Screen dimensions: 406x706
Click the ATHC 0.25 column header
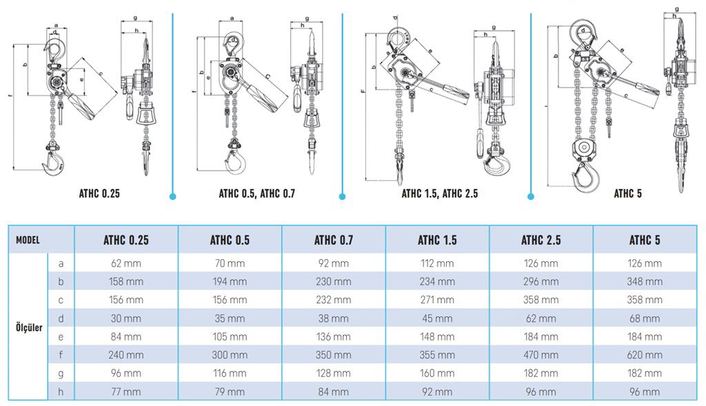(125, 241)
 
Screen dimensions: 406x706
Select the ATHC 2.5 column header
(541, 241)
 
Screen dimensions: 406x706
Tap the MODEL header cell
(28, 241)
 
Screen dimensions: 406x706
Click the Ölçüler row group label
(28, 327)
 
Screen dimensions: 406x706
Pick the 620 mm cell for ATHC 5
(645, 355)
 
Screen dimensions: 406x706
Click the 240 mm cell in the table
(125, 355)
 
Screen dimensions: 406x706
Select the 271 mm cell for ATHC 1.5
(436, 300)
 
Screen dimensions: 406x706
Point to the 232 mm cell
(333, 300)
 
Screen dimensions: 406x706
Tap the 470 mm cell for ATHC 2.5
(541, 355)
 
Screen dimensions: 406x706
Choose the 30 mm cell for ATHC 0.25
(125, 318)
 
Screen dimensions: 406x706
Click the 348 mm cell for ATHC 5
(645, 281)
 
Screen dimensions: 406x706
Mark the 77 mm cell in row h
(125, 392)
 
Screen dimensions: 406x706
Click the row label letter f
(61, 355)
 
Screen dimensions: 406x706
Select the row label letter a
(61, 263)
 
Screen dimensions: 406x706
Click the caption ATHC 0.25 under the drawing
(99, 194)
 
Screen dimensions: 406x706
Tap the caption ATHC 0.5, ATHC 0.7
(256, 194)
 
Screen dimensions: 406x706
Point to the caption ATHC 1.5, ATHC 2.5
(439, 194)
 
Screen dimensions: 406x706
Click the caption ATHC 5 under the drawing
(627, 194)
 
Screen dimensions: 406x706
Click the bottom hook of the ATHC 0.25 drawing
(54, 163)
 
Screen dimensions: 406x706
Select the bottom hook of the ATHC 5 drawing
(585, 175)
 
